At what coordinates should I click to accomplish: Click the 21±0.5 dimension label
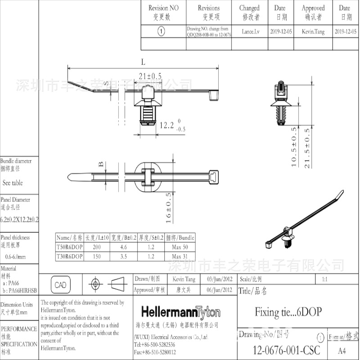pyautogui.click(x=151, y=76)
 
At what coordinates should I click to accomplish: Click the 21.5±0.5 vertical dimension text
pyautogui.click(x=307, y=147)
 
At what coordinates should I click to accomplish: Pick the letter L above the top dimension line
pyautogui.click(x=143, y=62)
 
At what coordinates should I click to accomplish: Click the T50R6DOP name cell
pyautogui.click(x=69, y=247)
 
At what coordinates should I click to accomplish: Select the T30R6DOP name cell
pyautogui.click(x=69, y=256)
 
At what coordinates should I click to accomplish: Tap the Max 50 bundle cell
pyautogui.click(x=180, y=247)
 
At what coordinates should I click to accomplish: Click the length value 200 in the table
pyautogui.click(x=97, y=247)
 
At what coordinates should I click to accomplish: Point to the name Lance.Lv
pyautogui.click(x=251, y=31)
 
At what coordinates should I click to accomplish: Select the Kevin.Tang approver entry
pyautogui.click(x=313, y=31)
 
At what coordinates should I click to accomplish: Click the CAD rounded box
pyautogui.click(x=60, y=285)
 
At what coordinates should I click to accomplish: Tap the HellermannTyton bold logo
pyautogui.click(x=181, y=313)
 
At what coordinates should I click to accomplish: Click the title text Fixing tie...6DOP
pyautogui.click(x=288, y=312)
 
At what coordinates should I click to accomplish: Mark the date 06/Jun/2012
pyautogui.click(x=219, y=290)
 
